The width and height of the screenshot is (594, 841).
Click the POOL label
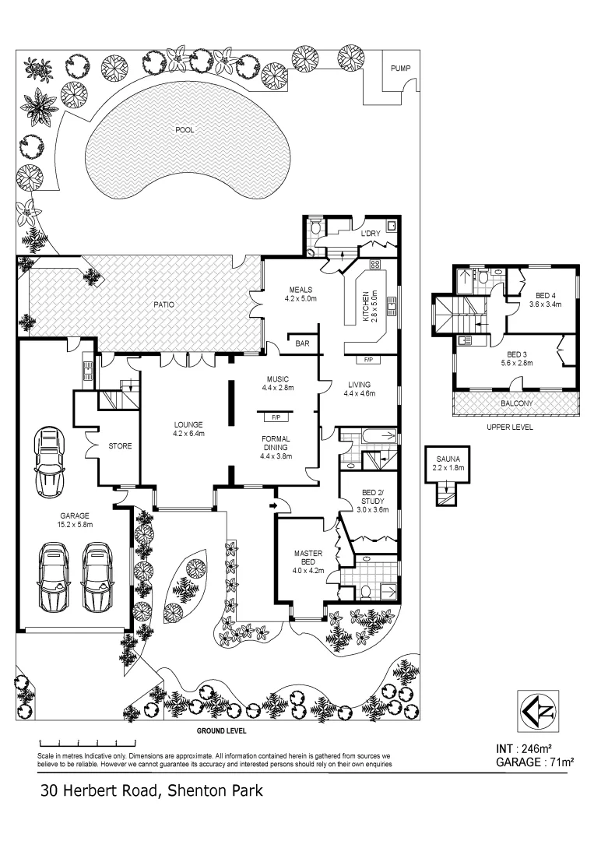(x=185, y=130)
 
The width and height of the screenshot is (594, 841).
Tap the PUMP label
(x=400, y=69)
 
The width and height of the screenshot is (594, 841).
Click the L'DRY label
(x=370, y=233)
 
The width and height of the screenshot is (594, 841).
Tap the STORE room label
(x=120, y=446)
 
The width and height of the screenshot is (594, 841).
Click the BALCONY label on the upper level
(x=516, y=403)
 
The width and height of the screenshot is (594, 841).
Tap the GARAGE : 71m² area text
(x=534, y=762)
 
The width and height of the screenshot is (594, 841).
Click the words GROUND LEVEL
(x=221, y=731)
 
